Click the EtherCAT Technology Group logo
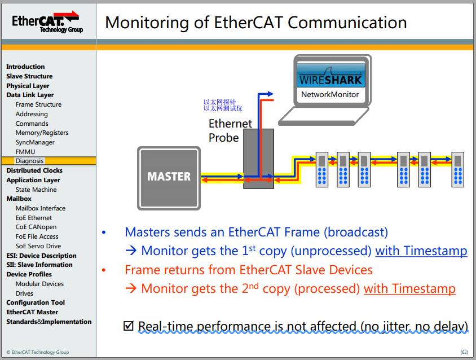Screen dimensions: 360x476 coord(47,22)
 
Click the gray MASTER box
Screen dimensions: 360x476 coord(169,177)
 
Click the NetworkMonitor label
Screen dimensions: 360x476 coord(330,95)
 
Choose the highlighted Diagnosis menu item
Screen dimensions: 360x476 coord(29,161)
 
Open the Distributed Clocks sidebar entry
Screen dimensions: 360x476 coord(34,170)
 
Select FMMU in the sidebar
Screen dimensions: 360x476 coord(25,152)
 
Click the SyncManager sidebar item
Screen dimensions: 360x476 coord(35,142)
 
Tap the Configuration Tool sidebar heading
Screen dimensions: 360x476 coord(36,302)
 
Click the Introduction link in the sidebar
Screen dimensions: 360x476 coord(25,67)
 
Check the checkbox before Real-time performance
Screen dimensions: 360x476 coord(129,326)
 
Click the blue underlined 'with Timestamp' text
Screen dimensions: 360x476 coord(421,251)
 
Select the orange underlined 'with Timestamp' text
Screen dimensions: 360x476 coord(409,289)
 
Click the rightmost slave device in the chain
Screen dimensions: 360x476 coord(457,169)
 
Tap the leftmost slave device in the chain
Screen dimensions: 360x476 coord(322,169)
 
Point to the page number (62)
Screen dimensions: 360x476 coord(464,352)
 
